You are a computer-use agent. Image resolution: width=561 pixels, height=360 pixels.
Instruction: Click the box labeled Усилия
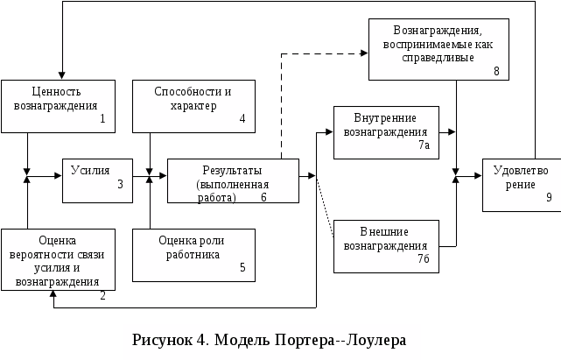tap(98, 181)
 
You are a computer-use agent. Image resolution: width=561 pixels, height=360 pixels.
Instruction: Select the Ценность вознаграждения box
tap(59, 106)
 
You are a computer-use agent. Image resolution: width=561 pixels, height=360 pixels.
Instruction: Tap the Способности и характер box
tap(194, 106)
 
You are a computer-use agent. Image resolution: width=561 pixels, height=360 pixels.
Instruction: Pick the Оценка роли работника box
tap(194, 256)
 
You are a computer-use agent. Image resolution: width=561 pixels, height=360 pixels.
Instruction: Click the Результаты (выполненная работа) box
tap(234, 181)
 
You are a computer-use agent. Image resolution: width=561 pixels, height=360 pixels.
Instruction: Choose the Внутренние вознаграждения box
tap(387, 132)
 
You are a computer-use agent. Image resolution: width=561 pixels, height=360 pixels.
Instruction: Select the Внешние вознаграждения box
tap(387, 246)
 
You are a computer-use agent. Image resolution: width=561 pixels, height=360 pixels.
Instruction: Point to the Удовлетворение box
tap(522, 185)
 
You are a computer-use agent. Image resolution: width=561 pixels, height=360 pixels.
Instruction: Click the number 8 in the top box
tap(496, 71)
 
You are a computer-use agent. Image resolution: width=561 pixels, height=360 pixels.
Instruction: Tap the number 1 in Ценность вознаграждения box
tap(102, 118)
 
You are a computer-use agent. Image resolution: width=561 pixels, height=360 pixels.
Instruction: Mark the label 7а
tap(424, 145)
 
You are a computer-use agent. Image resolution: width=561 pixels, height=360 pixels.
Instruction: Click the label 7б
tap(424, 258)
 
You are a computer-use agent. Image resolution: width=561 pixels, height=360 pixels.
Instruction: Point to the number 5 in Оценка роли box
tap(242, 267)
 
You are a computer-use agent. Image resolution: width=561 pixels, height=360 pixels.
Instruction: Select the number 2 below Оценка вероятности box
tap(102, 296)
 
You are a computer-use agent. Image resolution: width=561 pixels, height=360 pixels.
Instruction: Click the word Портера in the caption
tap(305, 340)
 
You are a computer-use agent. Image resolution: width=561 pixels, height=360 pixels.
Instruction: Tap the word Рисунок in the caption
tap(162, 340)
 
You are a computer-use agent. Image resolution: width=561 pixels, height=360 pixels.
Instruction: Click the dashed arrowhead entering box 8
tap(364, 53)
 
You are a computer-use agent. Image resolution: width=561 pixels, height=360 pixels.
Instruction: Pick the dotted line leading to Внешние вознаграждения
tap(326, 207)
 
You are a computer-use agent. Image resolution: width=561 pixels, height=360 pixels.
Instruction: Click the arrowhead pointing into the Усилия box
tap(58, 175)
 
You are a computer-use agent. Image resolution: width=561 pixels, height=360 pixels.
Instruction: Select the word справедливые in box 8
tap(438, 58)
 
